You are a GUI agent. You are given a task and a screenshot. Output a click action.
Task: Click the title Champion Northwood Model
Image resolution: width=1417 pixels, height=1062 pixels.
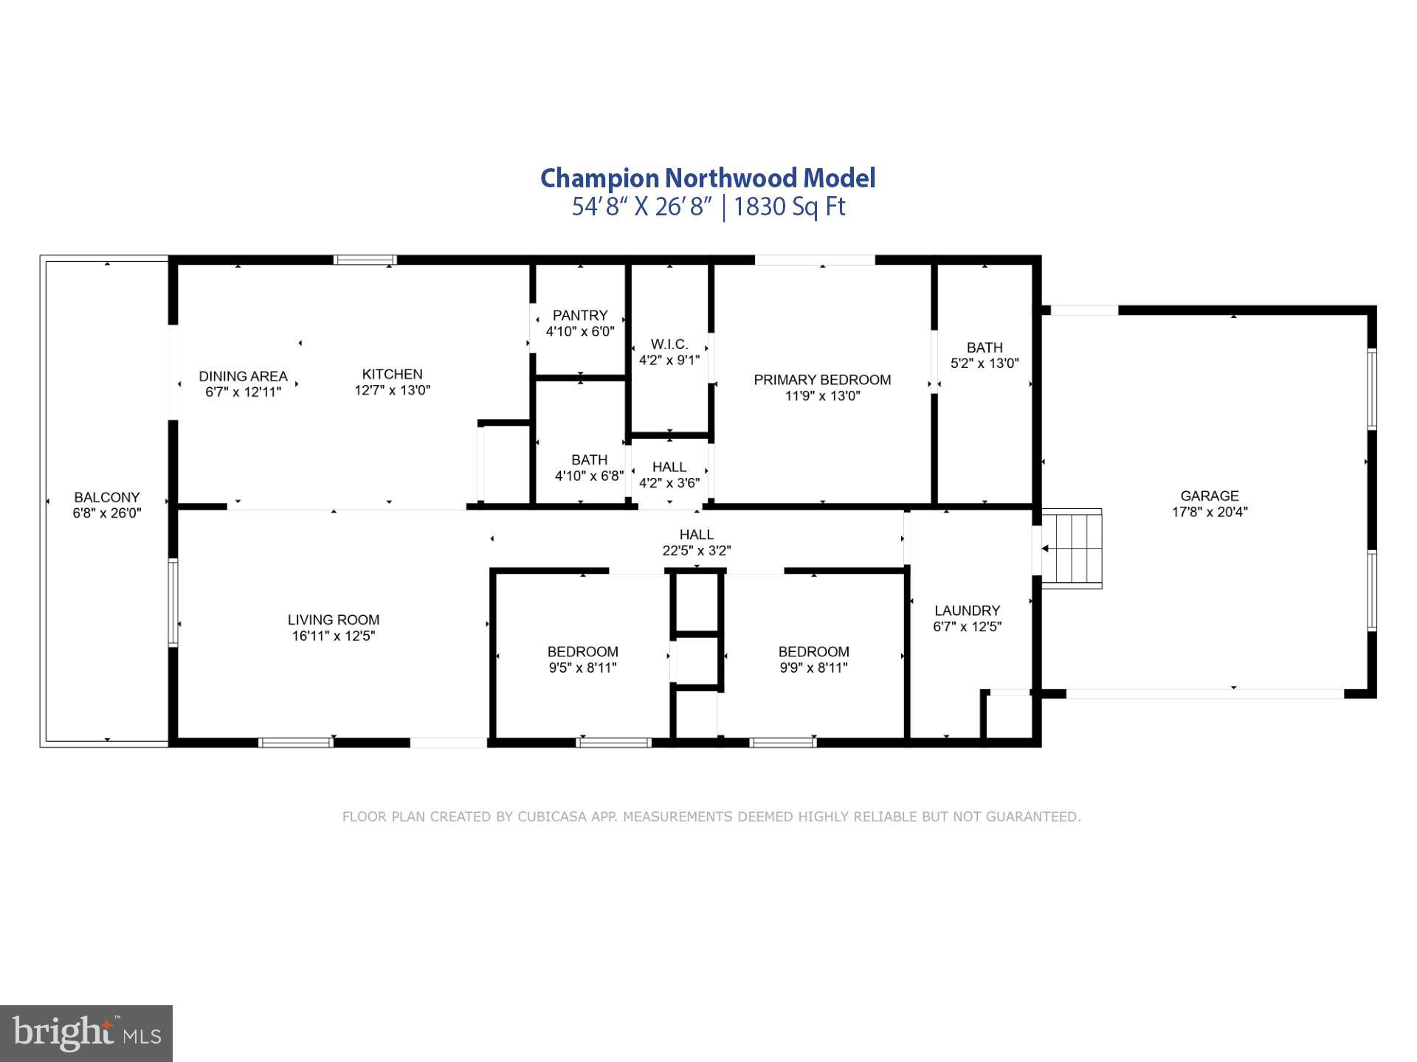(708, 178)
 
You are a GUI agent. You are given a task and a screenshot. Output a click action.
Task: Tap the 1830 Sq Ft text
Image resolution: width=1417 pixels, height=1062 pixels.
(789, 206)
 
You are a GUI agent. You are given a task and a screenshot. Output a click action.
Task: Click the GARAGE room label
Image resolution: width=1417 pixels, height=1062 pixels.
(1209, 496)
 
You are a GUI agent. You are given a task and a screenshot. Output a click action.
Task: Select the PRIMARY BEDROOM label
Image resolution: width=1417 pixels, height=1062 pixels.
(822, 380)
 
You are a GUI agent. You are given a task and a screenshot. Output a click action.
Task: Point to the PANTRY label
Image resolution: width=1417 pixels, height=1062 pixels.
(580, 316)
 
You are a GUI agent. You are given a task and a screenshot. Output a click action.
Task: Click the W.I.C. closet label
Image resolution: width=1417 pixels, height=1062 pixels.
(669, 344)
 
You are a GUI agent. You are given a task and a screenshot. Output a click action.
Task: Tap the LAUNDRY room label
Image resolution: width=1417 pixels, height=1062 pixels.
(967, 611)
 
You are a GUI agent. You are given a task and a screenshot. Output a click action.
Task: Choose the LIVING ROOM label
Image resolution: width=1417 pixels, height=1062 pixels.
(334, 620)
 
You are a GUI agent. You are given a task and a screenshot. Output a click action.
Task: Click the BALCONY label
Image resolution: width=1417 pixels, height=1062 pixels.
(107, 498)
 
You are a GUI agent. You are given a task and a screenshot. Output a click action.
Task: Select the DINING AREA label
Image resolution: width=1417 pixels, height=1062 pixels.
(243, 377)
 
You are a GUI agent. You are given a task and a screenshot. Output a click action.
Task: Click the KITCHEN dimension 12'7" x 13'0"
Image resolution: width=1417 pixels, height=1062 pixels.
(392, 391)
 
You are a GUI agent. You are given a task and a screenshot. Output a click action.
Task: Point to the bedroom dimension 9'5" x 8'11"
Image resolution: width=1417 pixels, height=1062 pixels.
(582, 668)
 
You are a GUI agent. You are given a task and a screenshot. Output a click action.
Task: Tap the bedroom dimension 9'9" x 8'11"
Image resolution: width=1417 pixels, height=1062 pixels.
(813, 668)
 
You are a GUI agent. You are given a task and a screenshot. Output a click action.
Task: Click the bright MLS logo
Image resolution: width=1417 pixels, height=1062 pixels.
(86, 1033)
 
